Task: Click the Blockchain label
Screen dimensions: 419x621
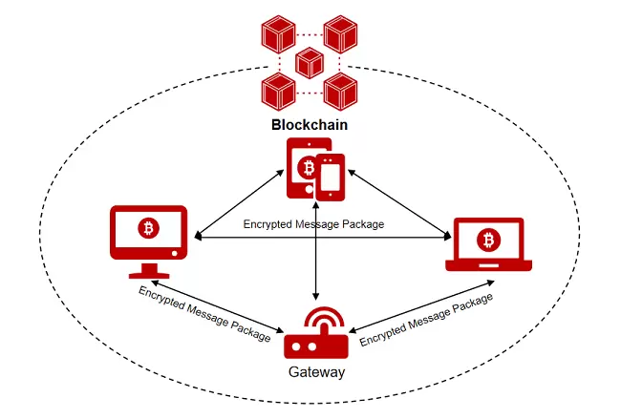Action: tap(309, 125)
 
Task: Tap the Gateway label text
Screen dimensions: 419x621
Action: tap(315, 372)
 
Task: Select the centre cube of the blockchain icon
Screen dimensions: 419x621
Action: tap(310, 63)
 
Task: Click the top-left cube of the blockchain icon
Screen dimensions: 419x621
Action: tap(278, 34)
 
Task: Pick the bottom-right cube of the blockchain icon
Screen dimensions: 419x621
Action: tap(340, 93)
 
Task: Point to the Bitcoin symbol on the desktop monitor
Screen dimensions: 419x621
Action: tap(147, 227)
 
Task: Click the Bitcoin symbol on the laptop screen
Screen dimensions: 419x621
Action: tap(489, 238)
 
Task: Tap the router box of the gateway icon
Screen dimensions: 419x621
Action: tap(315, 346)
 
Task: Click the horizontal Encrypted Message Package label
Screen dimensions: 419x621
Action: tap(313, 225)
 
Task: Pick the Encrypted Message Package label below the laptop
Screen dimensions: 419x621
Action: tap(426, 318)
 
